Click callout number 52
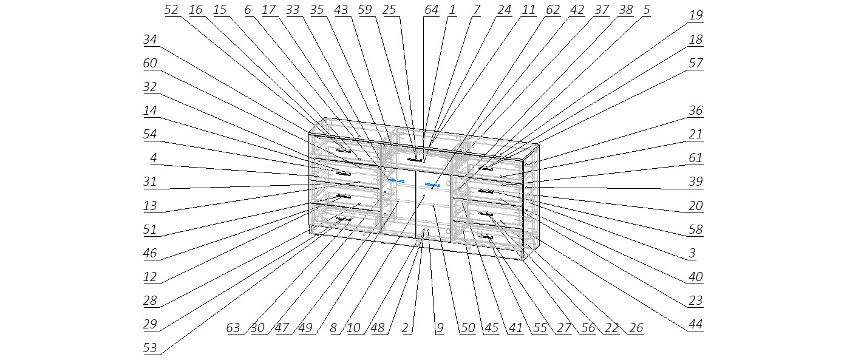[x=171, y=10]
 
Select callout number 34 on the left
[x=149, y=39]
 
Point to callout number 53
[x=149, y=348]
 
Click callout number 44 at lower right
[x=696, y=325]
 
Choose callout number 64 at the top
[x=431, y=10]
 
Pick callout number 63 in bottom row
[x=233, y=328]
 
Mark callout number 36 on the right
[x=696, y=111]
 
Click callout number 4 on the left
[x=154, y=158]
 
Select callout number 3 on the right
[x=692, y=253]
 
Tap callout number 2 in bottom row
[x=404, y=328]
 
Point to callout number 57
[x=696, y=63]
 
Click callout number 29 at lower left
[x=149, y=325]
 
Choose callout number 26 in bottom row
[x=636, y=328]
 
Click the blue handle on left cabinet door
[x=396, y=181]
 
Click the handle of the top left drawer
[x=344, y=151]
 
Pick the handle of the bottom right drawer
[x=486, y=236]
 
